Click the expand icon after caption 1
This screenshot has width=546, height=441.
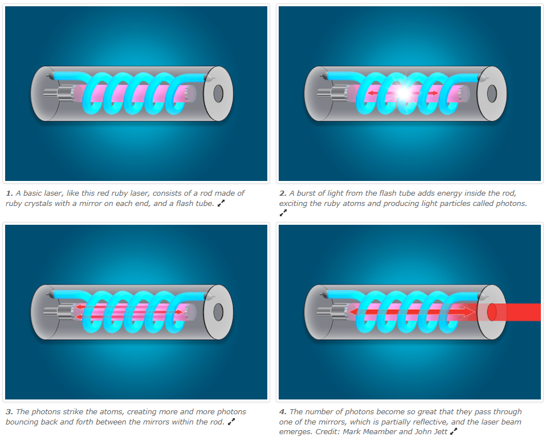click(x=221, y=204)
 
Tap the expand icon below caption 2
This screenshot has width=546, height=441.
click(x=283, y=213)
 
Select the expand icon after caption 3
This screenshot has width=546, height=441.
click(x=231, y=422)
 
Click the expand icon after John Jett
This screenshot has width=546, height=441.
click(x=454, y=431)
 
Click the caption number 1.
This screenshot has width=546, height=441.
click(x=9, y=193)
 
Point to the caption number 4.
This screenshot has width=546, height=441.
click(x=283, y=412)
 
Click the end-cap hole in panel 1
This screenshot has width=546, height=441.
click(x=218, y=93)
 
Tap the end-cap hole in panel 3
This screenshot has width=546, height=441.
click(x=218, y=312)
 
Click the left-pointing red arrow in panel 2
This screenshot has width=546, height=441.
click(x=374, y=93)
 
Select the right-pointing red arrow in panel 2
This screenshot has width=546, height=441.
click(x=432, y=93)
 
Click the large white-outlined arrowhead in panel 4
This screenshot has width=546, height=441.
click(x=467, y=312)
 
